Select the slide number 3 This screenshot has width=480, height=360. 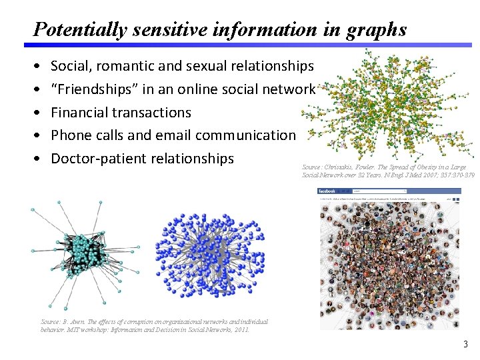[x=465, y=345]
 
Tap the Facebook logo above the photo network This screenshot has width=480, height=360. [x=330, y=191]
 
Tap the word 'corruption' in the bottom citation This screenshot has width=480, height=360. [x=133, y=322]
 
